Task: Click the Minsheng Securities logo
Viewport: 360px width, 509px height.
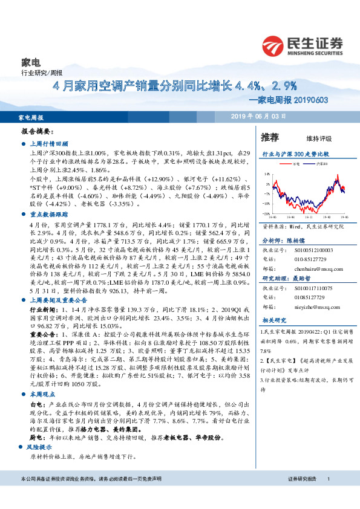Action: (x=302, y=44)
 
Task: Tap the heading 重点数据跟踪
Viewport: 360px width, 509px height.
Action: (x=50, y=215)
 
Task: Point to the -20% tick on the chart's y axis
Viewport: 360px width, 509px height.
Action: (x=266, y=213)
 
